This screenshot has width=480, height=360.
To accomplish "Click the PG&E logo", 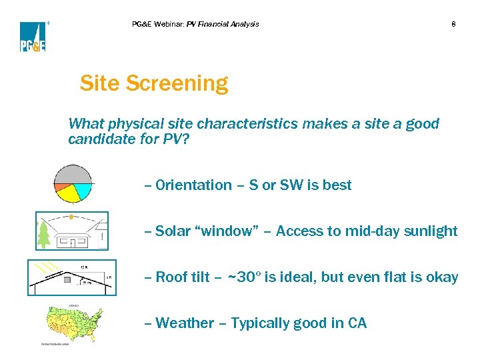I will (x=32, y=37).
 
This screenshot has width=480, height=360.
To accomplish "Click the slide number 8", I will (x=453, y=25).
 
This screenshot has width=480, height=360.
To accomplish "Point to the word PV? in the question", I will (x=175, y=139).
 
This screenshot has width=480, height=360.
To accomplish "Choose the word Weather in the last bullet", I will (x=183, y=323).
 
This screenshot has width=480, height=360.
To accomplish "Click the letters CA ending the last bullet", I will (x=357, y=323).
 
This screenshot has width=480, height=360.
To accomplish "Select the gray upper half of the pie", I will (x=72, y=174).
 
